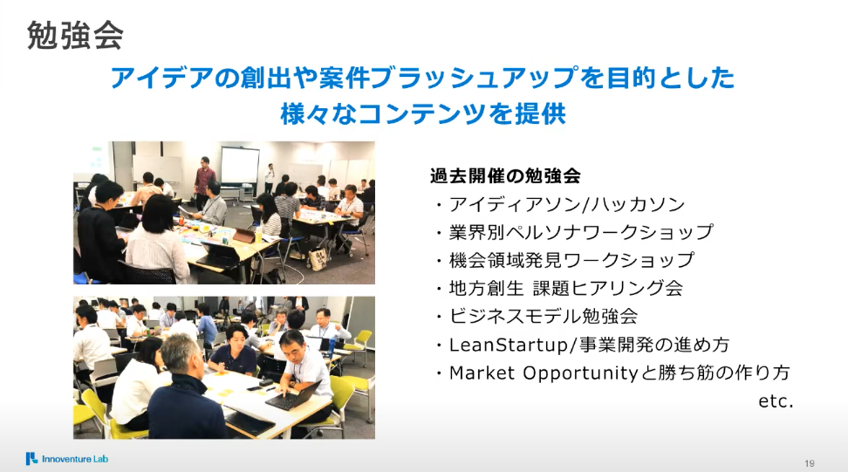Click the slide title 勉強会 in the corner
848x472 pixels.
point(75,36)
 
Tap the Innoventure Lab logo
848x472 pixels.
point(67,459)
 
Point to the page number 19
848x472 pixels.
point(809,463)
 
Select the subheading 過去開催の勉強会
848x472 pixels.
point(505,175)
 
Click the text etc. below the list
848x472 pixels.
point(776,401)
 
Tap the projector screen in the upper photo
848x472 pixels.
point(240,165)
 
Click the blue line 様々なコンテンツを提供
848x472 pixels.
point(423,114)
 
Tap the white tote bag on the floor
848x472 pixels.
point(318,258)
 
